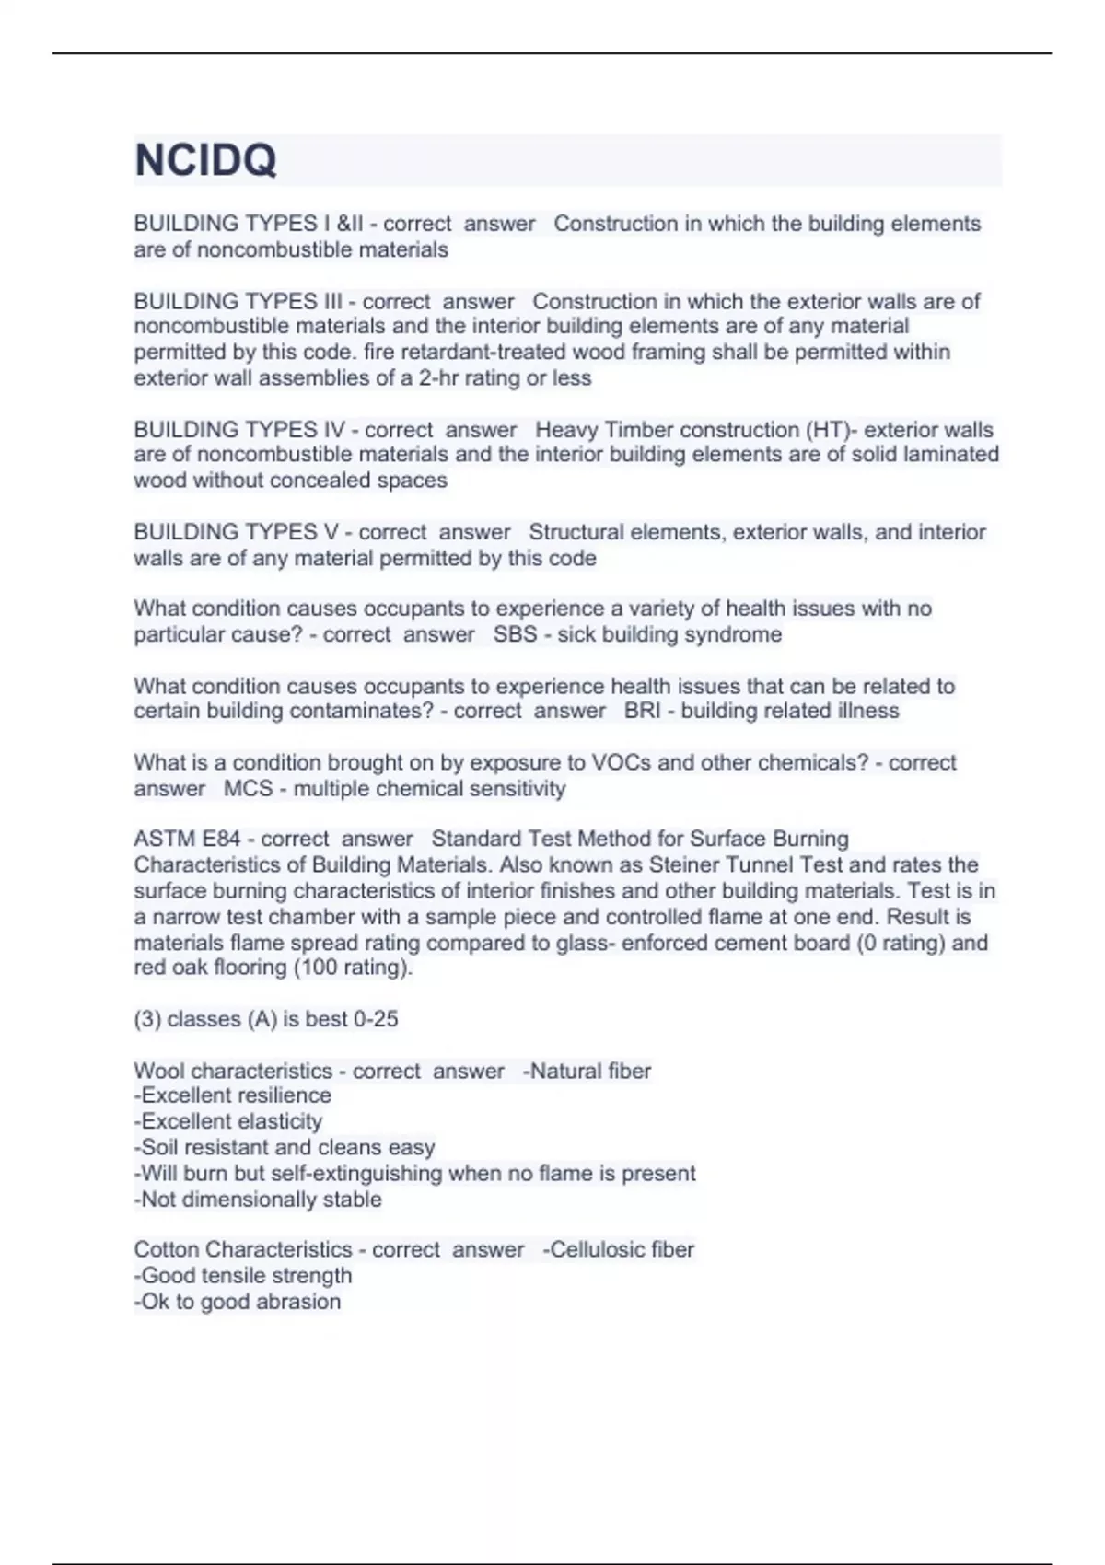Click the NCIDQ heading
pyautogui.click(x=205, y=160)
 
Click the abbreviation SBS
pyautogui.click(x=515, y=634)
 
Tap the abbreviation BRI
pyautogui.click(x=642, y=711)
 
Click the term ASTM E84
pyautogui.click(x=187, y=839)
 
